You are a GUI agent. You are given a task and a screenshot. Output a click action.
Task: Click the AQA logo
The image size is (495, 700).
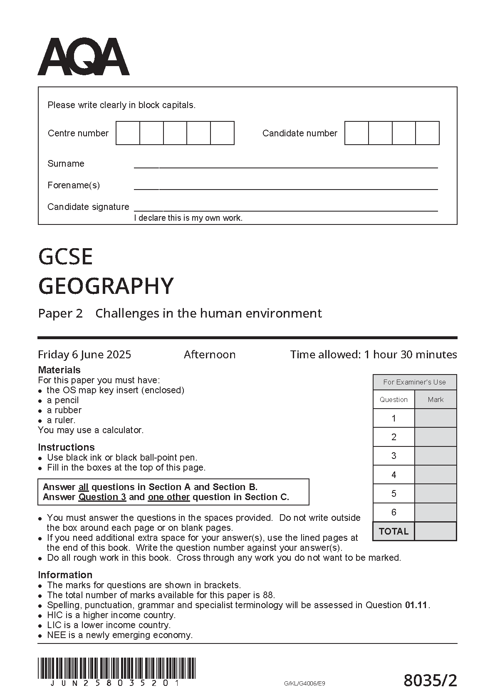pos(84,57)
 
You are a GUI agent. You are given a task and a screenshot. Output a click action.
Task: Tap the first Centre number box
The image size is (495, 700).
pos(128,133)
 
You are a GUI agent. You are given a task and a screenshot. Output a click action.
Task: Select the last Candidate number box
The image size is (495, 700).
pos(428,133)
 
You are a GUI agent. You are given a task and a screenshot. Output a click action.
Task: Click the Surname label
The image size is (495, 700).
pos(66,164)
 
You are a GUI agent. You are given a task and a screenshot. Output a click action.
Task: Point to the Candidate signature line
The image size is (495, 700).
pos(285,210)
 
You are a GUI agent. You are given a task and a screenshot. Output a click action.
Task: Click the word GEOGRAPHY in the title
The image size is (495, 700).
pos(106,286)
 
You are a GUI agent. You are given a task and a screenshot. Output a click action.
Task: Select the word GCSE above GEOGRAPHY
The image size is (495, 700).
pos(65,256)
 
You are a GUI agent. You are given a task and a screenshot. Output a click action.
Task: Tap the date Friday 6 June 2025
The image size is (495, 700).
pos(84,355)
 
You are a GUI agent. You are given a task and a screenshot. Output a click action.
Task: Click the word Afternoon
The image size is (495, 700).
pos(210,355)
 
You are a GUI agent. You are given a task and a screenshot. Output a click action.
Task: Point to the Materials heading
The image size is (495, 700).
pos(59,370)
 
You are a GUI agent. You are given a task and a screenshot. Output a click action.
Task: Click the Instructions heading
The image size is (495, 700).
pos(66,447)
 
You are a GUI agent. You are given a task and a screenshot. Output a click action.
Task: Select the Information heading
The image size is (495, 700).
pos(65,575)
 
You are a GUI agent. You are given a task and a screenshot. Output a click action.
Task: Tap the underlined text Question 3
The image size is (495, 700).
pos(102,497)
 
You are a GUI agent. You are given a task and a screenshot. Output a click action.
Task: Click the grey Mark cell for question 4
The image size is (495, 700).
pos(436,475)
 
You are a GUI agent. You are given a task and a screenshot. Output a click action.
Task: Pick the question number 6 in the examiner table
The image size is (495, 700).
pos(394,513)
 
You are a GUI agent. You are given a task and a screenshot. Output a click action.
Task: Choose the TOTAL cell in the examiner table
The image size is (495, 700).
pos(394,531)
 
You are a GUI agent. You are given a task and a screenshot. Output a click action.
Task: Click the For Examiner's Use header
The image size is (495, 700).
pos(414,382)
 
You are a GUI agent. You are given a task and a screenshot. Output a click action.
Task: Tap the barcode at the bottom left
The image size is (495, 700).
pos(116,669)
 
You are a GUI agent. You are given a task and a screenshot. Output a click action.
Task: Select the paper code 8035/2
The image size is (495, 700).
pos(430,681)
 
